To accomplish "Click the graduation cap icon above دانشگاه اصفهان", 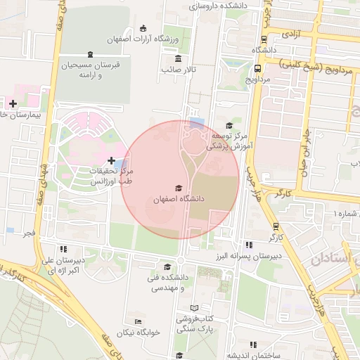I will tap(179, 188).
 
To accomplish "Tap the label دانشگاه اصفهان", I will tap(179, 200).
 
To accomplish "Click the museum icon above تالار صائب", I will tap(179, 58).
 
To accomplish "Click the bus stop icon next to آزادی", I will tap(264, 39).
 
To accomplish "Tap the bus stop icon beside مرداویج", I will tap(258, 69).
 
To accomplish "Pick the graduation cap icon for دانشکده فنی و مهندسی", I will tap(167, 267).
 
